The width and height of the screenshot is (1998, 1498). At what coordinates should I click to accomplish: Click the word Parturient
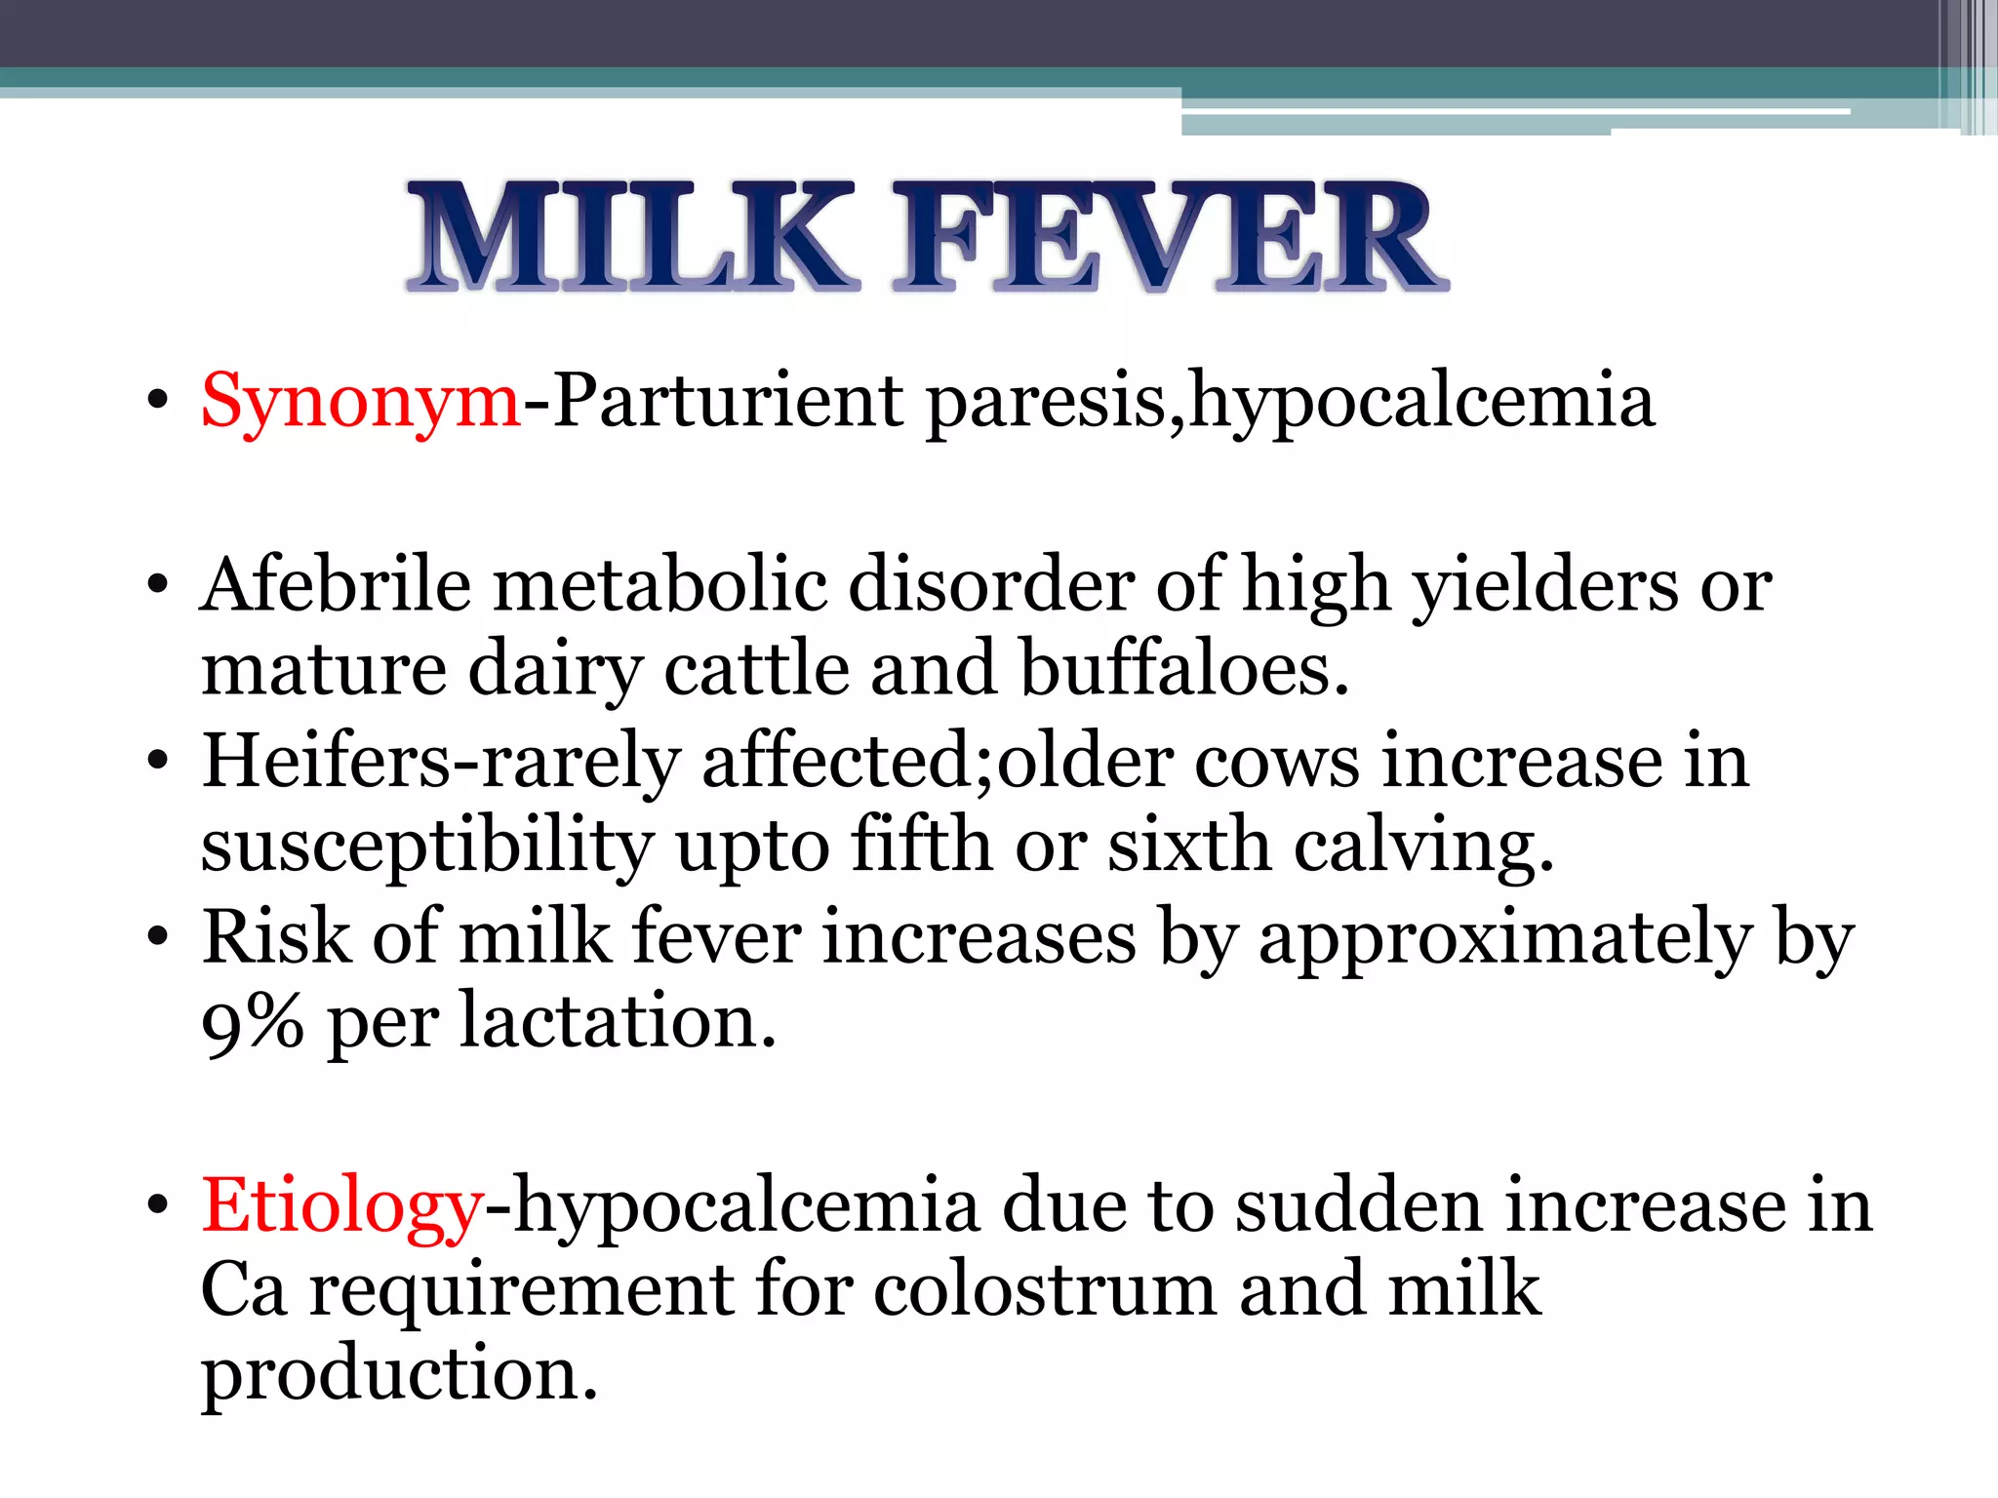[x=728, y=400]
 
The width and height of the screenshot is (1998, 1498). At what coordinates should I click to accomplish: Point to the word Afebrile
[x=336, y=585]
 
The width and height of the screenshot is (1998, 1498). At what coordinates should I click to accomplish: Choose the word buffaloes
[x=1184, y=671]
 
